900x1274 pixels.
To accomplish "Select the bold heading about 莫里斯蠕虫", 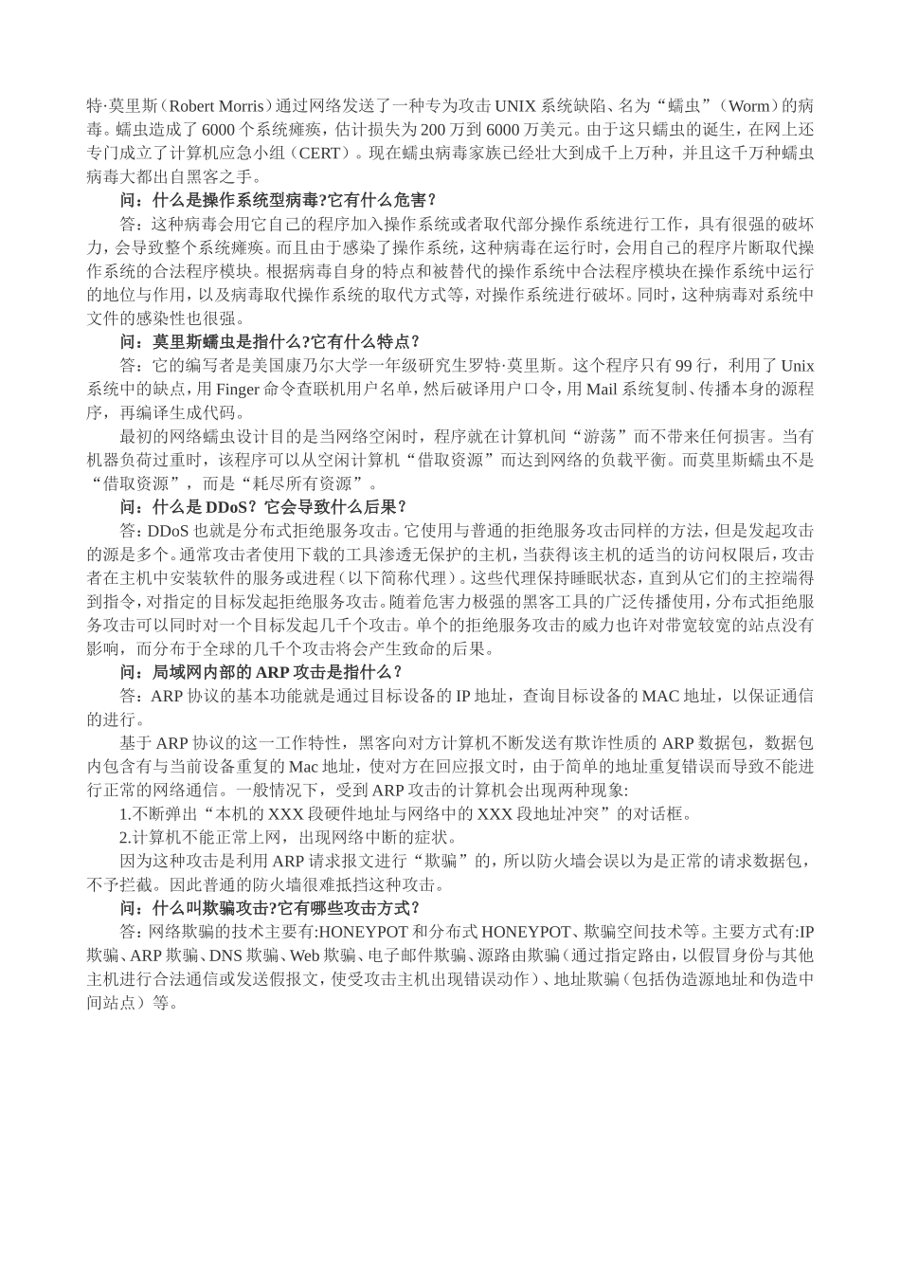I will [270, 341].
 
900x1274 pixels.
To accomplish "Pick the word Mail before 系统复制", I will [602, 389].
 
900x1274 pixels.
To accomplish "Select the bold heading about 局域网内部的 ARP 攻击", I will [261, 671].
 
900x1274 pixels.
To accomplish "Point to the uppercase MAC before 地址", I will [661, 695].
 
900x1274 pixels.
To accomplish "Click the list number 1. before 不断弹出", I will [125, 813].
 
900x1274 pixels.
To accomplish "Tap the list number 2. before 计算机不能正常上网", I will [125, 837].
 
